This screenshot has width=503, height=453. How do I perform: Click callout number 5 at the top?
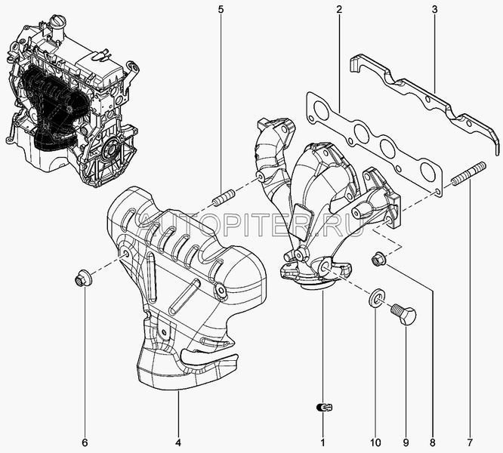pos(221,10)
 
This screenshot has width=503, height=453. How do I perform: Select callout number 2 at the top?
pos(339,10)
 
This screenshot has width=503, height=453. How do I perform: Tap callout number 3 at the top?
pos(434,10)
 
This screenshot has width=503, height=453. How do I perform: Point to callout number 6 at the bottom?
pos(85,442)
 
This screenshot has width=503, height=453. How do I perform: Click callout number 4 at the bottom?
pos(178,442)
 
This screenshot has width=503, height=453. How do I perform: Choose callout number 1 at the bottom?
pos(322,442)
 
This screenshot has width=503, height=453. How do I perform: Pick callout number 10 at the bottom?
pos(375,442)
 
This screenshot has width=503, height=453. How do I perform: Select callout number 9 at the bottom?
pos(406,442)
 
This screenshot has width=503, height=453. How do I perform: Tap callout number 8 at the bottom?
pos(433,442)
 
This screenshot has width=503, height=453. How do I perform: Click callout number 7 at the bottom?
pos(470,442)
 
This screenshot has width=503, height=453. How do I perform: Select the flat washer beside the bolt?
pos(374,299)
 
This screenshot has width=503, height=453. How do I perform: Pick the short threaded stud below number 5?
pos(224,198)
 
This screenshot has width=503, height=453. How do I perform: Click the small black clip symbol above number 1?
pos(324,408)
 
